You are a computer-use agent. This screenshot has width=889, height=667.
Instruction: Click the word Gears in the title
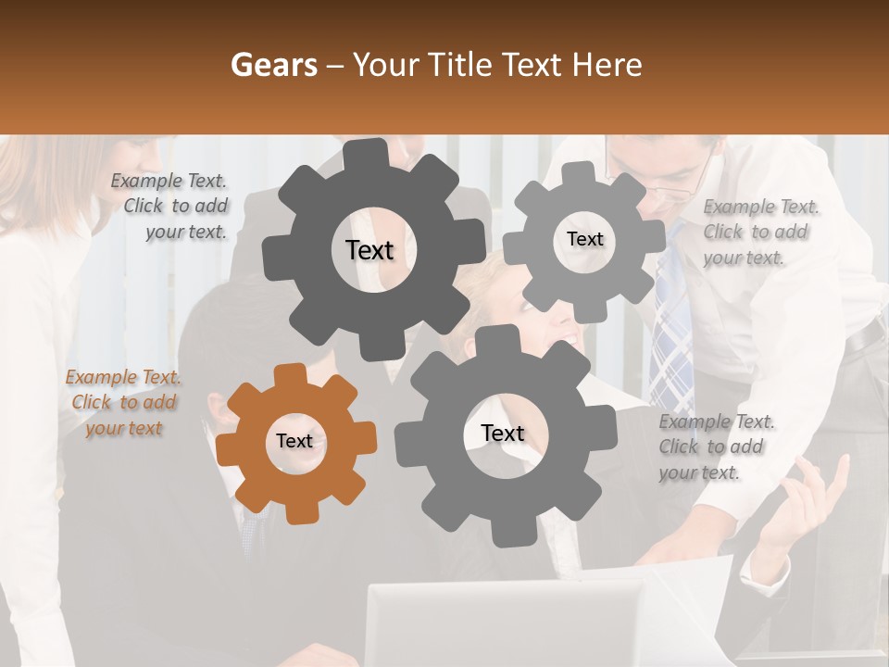tap(273, 65)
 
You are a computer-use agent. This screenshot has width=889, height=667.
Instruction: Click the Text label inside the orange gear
tap(294, 442)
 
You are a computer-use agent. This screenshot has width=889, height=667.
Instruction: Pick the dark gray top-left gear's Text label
tap(369, 250)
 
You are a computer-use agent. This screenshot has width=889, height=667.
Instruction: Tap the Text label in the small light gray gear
tap(584, 239)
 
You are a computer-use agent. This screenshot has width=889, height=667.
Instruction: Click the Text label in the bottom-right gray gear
tap(502, 433)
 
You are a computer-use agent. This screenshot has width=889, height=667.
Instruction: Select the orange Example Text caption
tap(123, 403)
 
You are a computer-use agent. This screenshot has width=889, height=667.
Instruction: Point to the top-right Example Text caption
tap(759, 232)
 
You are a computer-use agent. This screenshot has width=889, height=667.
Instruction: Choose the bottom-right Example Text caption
tap(715, 447)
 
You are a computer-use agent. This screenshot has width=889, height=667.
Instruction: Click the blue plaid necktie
tap(670, 333)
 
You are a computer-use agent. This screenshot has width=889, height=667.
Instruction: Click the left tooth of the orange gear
tap(228, 443)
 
